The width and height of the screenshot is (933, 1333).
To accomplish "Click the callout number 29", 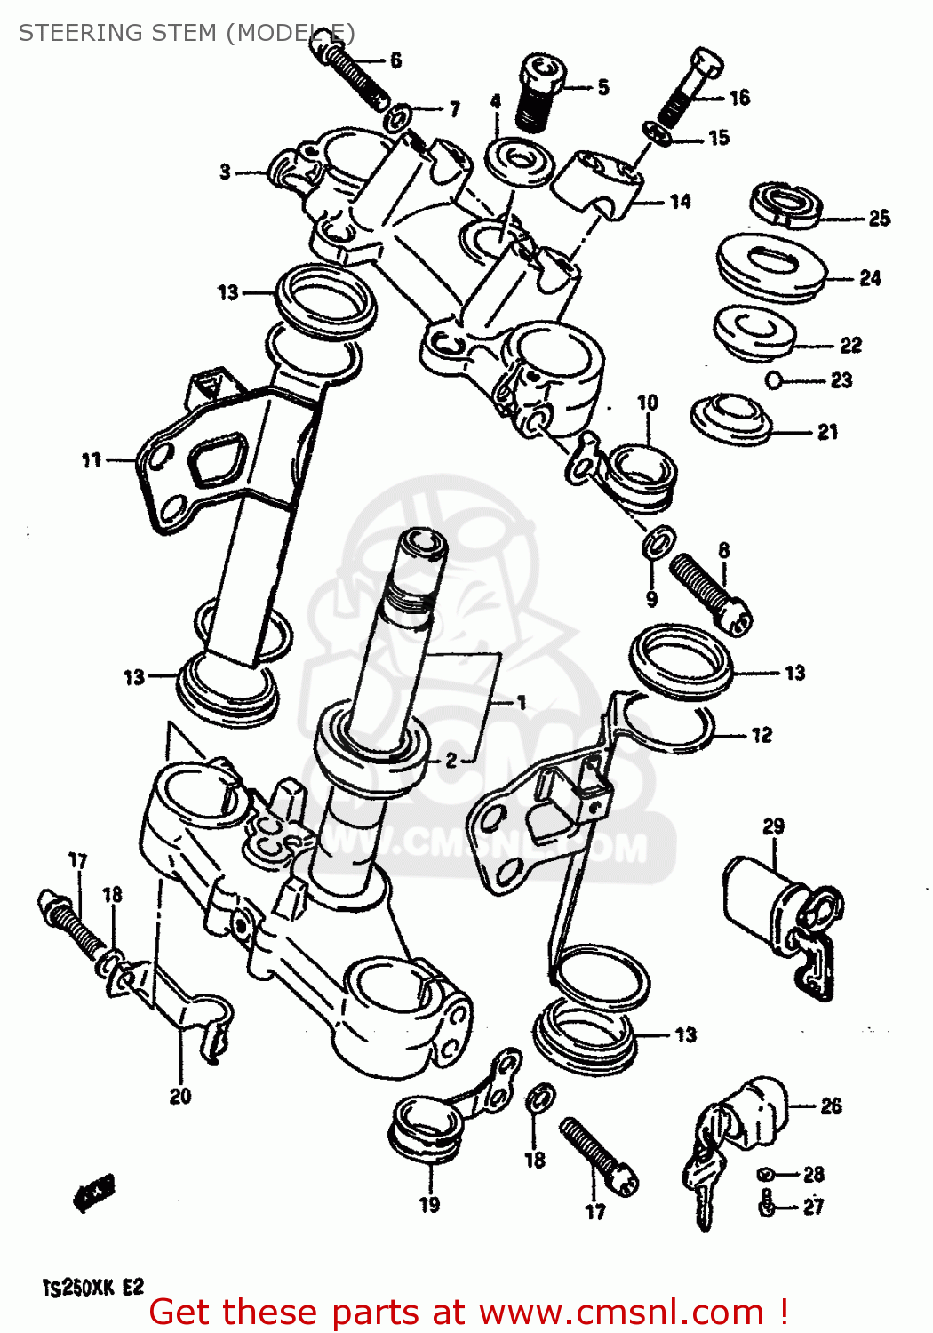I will pyautogui.click(x=773, y=826).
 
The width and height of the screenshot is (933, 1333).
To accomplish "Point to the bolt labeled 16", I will pyautogui.click(x=689, y=88).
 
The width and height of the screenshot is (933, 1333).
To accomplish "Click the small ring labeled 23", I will pyautogui.click(x=773, y=380).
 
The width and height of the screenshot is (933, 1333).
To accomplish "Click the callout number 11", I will pyautogui.click(x=92, y=459).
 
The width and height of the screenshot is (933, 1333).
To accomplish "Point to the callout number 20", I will pyautogui.click(x=180, y=1096).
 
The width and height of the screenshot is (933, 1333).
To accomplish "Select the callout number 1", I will pyautogui.click(x=522, y=702).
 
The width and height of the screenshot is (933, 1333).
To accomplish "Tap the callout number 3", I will pyautogui.click(x=226, y=171).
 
